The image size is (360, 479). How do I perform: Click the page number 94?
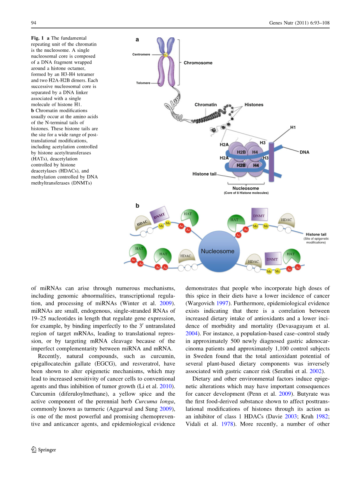[x=33, y=23]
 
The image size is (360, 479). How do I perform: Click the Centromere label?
[x=141, y=55]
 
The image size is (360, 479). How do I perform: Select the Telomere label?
[x=143, y=83]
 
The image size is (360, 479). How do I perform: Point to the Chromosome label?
[x=198, y=63]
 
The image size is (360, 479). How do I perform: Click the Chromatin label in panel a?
[x=205, y=105]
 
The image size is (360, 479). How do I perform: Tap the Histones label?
[x=254, y=105]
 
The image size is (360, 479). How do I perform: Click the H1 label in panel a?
[x=293, y=127]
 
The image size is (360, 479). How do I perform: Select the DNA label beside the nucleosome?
[x=304, y=152]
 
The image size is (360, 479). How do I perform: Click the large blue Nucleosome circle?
[x=217, y=251]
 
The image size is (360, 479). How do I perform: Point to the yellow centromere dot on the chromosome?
[x=165, y=55]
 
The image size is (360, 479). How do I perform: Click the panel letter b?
[x=137, y=206]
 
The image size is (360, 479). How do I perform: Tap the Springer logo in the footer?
[x=43, y=450]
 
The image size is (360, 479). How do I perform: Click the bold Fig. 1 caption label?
[x=37, y=38]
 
